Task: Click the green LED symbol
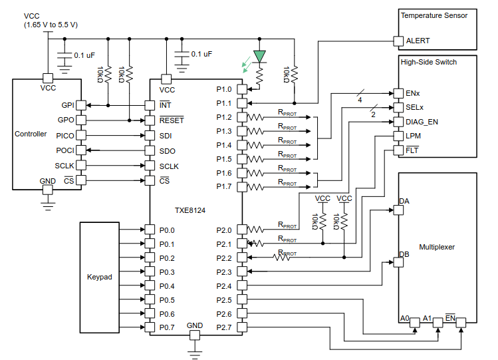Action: [x=259, y=58]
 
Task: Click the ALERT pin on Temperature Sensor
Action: [x=418, y=41]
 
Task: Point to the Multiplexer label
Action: [x=437, y=246]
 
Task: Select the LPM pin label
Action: [x=413, y=136]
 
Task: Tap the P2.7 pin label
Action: [x=224, y=327]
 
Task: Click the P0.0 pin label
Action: [x=167, y=230]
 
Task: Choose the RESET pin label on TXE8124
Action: [x=172, y=120]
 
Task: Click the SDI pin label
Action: [x=166, y=136]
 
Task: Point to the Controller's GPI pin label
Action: [x=68, y=105]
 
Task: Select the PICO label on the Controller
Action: [x=65, y=135]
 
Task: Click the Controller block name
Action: [x=31, y=134]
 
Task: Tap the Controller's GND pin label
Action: [x=47, y=181]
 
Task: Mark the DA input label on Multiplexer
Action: [x=404, y=200]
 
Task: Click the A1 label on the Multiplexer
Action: [x=428, y=317]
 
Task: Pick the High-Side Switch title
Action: [x=429, y=62]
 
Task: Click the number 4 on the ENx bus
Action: [x=360, y=100]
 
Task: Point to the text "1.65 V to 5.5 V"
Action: [x=51, y=25]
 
